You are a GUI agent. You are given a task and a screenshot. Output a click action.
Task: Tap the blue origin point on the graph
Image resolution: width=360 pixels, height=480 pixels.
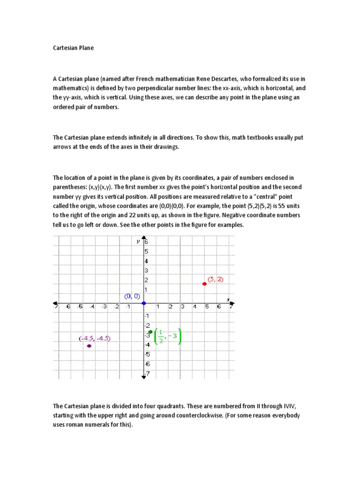coord(143,303)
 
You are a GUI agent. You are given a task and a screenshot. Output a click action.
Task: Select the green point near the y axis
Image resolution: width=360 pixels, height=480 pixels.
coord(150,332)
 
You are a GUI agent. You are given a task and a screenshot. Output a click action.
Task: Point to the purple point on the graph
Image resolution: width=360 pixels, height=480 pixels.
coord(89,346)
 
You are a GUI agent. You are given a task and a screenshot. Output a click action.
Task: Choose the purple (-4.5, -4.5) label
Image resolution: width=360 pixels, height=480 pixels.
coord(95,338)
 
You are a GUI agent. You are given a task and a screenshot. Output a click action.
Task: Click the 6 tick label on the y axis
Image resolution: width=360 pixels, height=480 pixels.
coord(146,242)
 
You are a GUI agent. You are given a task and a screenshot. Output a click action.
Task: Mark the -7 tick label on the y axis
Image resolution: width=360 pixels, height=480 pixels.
coord(147,374)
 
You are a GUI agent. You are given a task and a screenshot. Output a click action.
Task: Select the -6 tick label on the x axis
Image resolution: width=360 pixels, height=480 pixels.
coord(68,307)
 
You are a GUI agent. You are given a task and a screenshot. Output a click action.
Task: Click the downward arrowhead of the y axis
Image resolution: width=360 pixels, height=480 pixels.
coord(143,376)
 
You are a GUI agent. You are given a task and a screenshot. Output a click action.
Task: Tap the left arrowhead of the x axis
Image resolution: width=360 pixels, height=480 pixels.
coord(55,303)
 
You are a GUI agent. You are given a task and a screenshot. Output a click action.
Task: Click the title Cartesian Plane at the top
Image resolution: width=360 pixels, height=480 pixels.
coord(73,48)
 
